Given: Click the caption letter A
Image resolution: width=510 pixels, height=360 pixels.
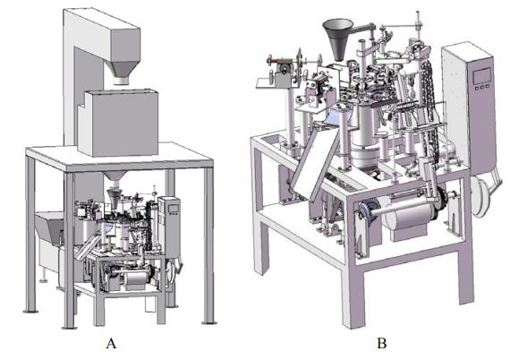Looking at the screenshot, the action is pyautogui.click(x=111, y=343).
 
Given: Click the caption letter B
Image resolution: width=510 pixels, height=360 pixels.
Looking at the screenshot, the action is pyautogui.click(x=381, y=343).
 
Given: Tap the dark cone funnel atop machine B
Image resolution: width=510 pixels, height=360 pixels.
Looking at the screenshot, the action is pyautogui.click(x=338, y=39).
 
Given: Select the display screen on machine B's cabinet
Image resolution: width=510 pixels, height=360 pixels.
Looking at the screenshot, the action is pyautogui.click(x=481, y=76).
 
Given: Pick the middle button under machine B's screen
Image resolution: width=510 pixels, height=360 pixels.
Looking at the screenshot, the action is pyautogui.click(x=482, y=87).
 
